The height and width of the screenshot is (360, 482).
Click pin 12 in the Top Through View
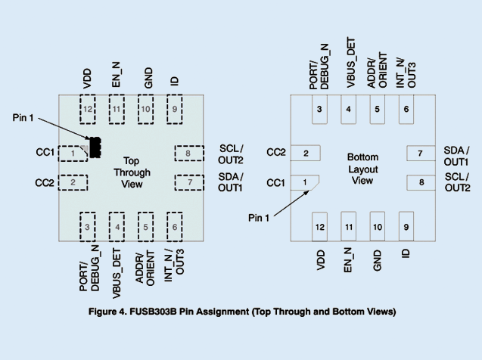[x=89, y=110]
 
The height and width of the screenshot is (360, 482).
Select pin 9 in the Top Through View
[x=176, y=110]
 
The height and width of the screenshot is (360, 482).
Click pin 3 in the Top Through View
[x=89, y=225]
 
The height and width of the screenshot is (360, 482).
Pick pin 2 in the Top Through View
[x=73, y=182]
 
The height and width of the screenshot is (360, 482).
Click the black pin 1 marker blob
[x=95, y=147]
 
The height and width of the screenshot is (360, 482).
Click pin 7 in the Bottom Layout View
[x=420, y=154]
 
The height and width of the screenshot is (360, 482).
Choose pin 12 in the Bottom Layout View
[x=320, y=226]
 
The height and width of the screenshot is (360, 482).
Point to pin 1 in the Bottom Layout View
[x=305, y=182]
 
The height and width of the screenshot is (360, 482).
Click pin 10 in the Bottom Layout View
[x=378, y=226]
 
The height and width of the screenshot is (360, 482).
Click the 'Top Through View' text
[x=132, y=172]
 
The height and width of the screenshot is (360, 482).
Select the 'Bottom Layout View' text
[x=362, y=169]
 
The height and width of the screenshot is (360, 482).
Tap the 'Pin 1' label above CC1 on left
[x=23, y=118]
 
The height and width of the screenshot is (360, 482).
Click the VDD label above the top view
[x=88, y=79]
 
